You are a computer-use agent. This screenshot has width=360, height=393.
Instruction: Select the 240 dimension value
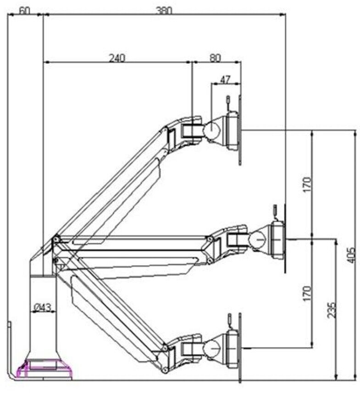pyautogui.click(x=116, y=58)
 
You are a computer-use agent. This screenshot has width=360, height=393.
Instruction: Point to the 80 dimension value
pyautogui.click(x=215, y=58)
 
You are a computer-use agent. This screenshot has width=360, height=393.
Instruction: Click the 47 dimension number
pyautogui.click(x=225, y=79)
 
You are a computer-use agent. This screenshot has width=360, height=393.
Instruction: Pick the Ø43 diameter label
pyautogui.click(x=42, y=307)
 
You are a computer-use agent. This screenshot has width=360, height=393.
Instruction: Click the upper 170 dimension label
pyautogui.click(x=307, y=184)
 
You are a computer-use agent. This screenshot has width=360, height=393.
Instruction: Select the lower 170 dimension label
pyautogui.click(x=307, y=293)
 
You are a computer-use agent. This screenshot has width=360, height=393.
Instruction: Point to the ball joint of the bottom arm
pyautogui.click(x=211, y=348)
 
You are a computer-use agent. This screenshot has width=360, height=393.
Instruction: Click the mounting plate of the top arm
pyautogui.click(x=240, y=130)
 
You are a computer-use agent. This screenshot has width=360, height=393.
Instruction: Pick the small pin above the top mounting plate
pyautogui.click(x=228, y=100)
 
